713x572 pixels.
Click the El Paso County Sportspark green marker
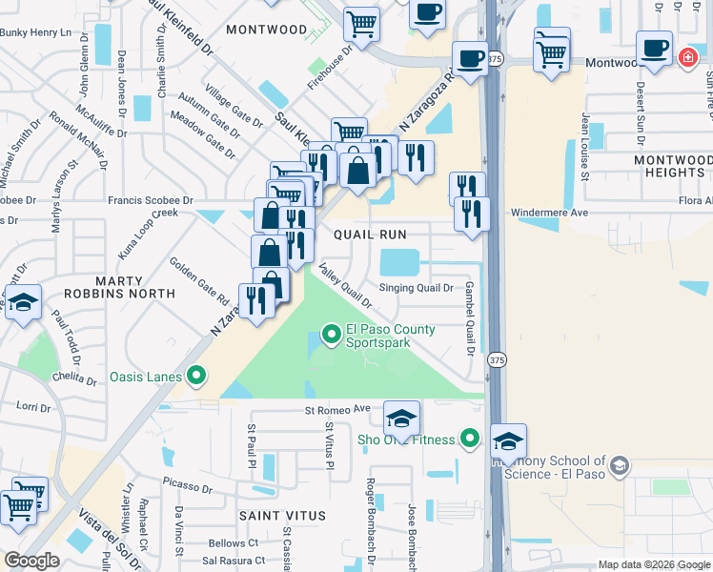click(x=332, y=334)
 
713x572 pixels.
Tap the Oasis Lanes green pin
click(x=196, y=376)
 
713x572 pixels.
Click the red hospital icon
click(x=687, y=58)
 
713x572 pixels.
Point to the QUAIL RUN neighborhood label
click(x=370, y=234)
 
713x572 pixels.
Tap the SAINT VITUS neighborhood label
click(x=283, y=516)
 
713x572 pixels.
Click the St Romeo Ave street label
click(x=336, y=410)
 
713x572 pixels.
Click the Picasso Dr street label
click(x=188, y=486)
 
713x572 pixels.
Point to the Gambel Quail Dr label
click(x=469, y=320)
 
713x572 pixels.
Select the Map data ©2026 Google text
click(x=653, y=564)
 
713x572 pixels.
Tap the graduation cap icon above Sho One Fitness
click(x=402, y=418)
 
